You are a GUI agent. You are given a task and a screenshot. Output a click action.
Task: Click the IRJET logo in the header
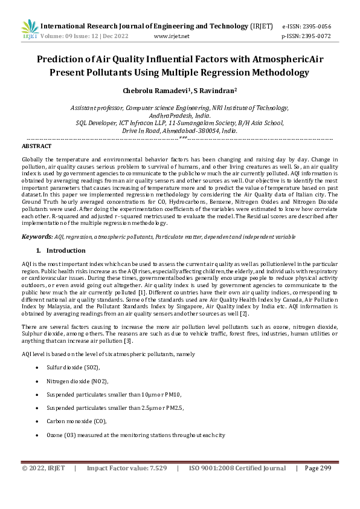click(x=29, y=28)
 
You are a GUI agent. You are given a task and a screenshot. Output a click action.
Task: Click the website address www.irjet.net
click(x=172, y=36)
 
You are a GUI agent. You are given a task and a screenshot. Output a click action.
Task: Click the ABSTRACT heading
click(x=36, y=146)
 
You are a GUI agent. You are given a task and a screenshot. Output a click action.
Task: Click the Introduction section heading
click(x=66, y=250)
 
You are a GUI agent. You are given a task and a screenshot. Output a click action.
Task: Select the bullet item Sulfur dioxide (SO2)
click(x=73, y=367)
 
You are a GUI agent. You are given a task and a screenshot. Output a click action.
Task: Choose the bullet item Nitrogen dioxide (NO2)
click(x=77, y=381)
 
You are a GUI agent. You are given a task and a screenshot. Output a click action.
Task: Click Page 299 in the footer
click(x=318, y=468)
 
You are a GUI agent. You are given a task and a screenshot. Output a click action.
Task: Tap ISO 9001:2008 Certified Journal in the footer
click(x=237, y=468)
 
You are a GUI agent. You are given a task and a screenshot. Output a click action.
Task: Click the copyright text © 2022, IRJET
click(x=43, y=468)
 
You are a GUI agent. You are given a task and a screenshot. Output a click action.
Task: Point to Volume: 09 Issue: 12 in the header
click(x=77, y=36)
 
